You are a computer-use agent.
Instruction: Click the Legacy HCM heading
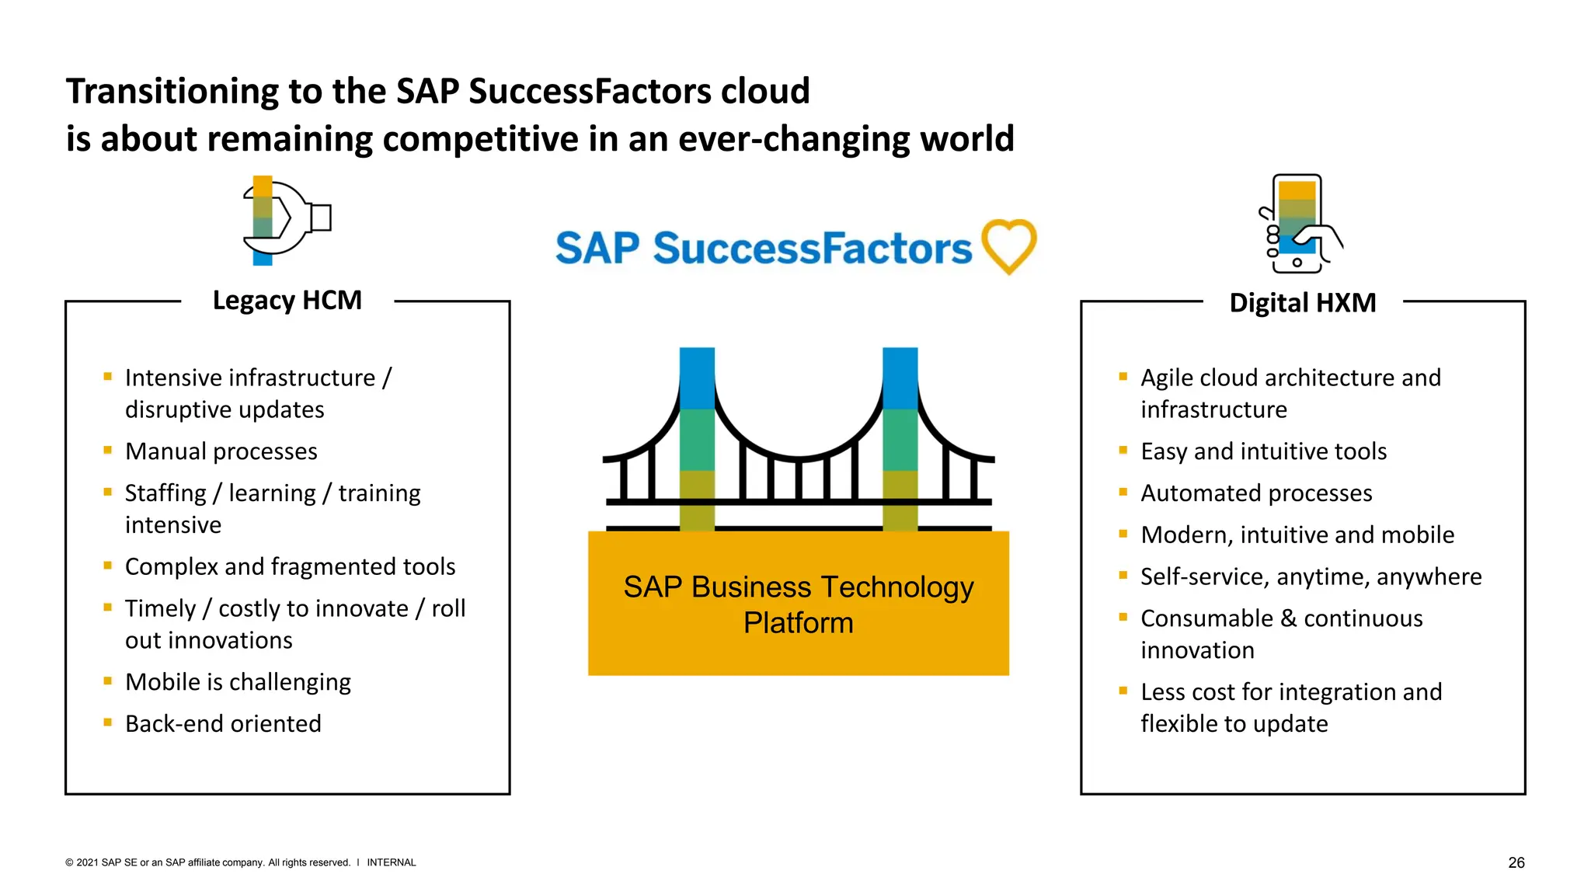point(287,300)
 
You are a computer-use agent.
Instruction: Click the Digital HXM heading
point(1302,302)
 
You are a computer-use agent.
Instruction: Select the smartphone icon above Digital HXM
point(1298,224)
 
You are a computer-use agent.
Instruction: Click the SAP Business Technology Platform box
point(798,604)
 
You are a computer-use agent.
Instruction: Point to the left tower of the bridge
point(697,439)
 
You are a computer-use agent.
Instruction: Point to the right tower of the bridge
point(900,439)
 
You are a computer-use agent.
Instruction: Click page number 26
point(1516,862)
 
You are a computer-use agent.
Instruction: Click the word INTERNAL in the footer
point(391,862)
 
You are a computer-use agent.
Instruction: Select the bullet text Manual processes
point(221,451)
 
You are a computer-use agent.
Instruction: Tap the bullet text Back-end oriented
point(223,723)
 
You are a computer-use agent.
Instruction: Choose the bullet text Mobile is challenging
point(238,682)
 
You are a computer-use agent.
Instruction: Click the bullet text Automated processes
point(1256,493)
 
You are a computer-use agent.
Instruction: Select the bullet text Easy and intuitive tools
point(1263,451)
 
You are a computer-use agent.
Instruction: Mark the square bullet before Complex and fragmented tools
point(108,566)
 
